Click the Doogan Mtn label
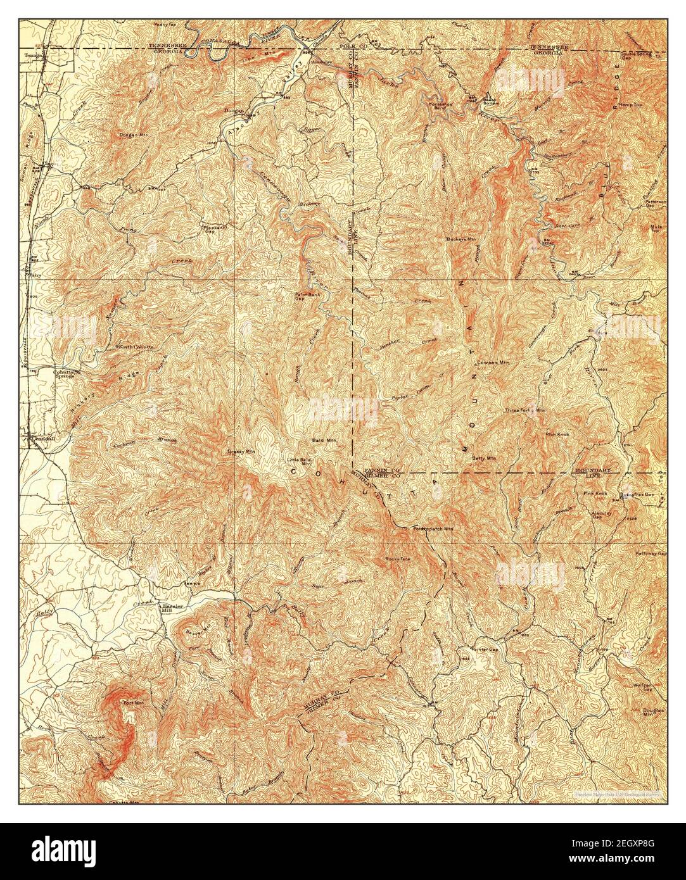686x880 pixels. pyautogui.click(x=131, y=134)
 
